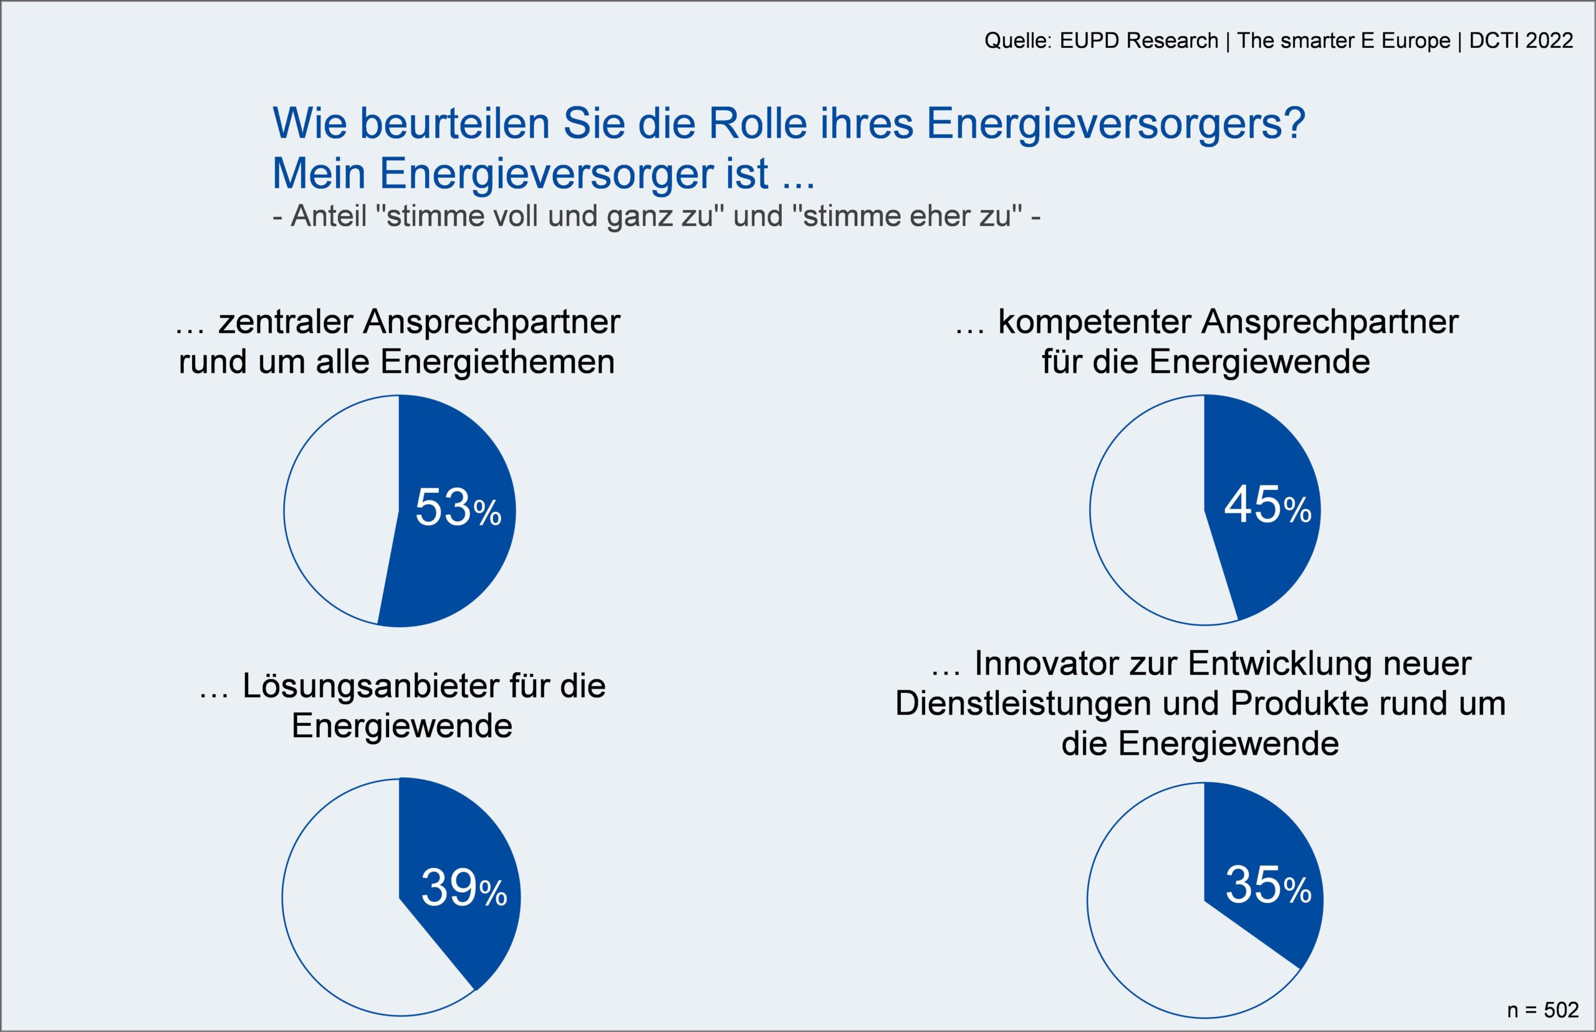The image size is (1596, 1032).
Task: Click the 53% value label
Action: pyautogui.click(x=458, y=508)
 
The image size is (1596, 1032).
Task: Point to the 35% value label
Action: pyautogui.click(x=1268, y=886)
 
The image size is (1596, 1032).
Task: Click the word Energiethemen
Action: pyautogui.click(x=498, y=363)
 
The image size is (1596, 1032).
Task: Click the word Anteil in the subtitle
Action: pyautogui.click(x=329, y=216)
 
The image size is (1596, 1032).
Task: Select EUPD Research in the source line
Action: pyautogui.click(x=1139, y=41)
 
